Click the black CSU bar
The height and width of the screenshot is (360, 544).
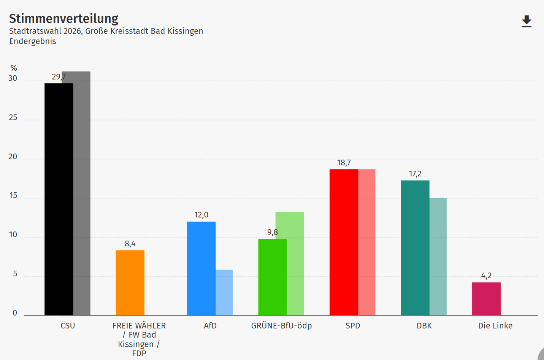[59, 199]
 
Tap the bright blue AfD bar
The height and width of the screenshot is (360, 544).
[201, 268]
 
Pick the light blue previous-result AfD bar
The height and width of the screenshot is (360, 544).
[224, 292]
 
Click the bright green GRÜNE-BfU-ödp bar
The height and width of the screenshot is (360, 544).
[272, 277]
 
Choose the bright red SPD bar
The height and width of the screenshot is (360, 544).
[344, 242]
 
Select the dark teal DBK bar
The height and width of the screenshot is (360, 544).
[415, 248]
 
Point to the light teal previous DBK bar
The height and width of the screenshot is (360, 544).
[438, 257]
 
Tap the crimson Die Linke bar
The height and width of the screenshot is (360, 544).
[486, 299]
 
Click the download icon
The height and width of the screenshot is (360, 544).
[527, 21]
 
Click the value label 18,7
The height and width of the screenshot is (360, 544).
[344, 163]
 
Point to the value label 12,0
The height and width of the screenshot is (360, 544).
[201, 215]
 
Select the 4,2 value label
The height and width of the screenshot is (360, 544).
[486, 276]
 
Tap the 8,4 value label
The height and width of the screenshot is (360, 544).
[130, 244]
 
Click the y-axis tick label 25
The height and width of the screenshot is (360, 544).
[13, 117]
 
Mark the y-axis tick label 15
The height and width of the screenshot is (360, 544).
[13, 195]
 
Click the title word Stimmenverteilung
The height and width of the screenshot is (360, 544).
[63, 18]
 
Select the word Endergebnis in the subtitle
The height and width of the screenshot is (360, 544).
[33, 41]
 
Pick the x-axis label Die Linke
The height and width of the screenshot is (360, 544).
[495, 325]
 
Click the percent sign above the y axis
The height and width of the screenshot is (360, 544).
[14, 68]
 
